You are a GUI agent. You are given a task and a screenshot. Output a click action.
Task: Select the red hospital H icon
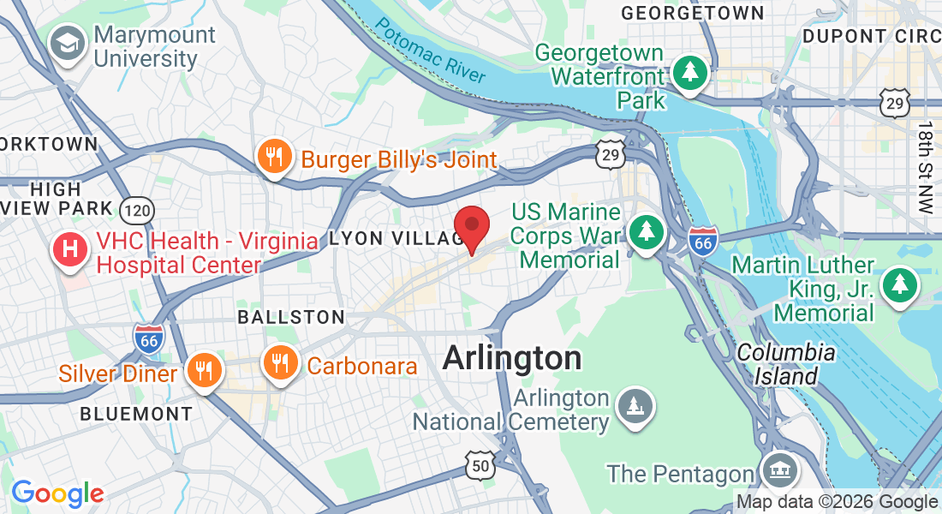point(70,249)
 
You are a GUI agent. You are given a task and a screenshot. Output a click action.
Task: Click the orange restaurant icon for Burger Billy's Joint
point(273,157)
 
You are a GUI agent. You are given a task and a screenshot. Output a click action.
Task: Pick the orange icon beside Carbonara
point(279,363)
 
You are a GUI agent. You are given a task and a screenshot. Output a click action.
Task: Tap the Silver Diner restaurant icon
point(203,370)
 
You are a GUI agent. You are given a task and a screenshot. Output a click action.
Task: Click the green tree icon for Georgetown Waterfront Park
point(689,72)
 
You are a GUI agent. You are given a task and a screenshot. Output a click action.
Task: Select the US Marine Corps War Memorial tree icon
point(647,231)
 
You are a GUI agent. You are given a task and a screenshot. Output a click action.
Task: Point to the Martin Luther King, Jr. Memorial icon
point(899,284)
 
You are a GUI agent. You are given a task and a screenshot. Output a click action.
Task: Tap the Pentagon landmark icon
point(778,470)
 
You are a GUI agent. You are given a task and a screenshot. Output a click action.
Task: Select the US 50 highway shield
point(480,463)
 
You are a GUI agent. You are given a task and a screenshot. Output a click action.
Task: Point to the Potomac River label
point(429,51)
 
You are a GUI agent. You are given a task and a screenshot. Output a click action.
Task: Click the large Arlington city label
point(512,358)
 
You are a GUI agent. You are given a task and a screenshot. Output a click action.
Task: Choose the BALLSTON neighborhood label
point(291,317)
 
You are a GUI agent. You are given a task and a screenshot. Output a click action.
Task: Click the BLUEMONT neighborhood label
point(136,414)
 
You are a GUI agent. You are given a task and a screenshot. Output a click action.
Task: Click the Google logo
point(57,493)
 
